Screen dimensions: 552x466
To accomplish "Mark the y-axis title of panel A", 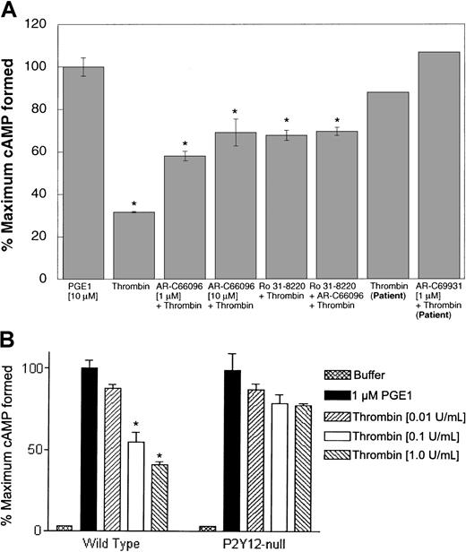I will (13, 152).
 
